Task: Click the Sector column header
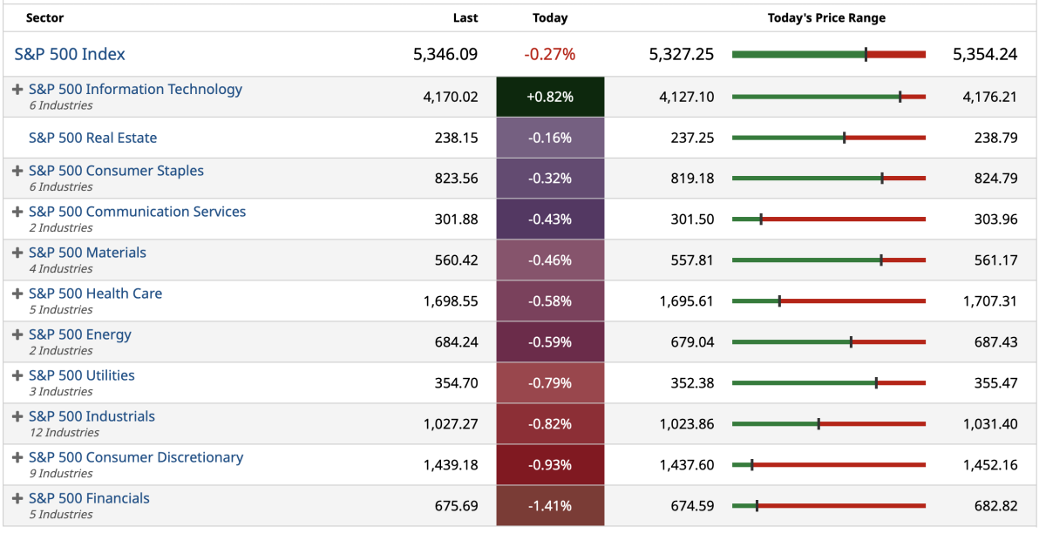[x=44, y=18]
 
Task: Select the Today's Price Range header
[x=826, y=18]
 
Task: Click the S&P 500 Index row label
[x=70, y=54]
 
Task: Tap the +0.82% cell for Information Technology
[x=550, y=97]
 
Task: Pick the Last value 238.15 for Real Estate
[x=456, y=138]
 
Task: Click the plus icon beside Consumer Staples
[x=17, y=171]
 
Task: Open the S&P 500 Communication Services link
[x=137, y=212]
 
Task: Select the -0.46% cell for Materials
[x=550, y=260]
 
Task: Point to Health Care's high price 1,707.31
[x=989, y=301]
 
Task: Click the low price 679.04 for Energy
[x=692, y=342]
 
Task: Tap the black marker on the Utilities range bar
[x=876, y=382]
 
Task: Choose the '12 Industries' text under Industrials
[x=64, y=433]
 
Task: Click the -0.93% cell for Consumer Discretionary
[x=550, y=465]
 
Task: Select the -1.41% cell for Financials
[x=550, y=506]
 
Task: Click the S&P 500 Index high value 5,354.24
[x=985, y=54]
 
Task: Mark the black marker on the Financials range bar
[x=757, y=505]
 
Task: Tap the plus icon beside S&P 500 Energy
[x=17, y=334]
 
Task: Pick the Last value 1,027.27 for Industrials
[x=451, y=424]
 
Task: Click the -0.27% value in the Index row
[x=550, y=54]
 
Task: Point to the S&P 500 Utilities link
[x=81, y=375]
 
